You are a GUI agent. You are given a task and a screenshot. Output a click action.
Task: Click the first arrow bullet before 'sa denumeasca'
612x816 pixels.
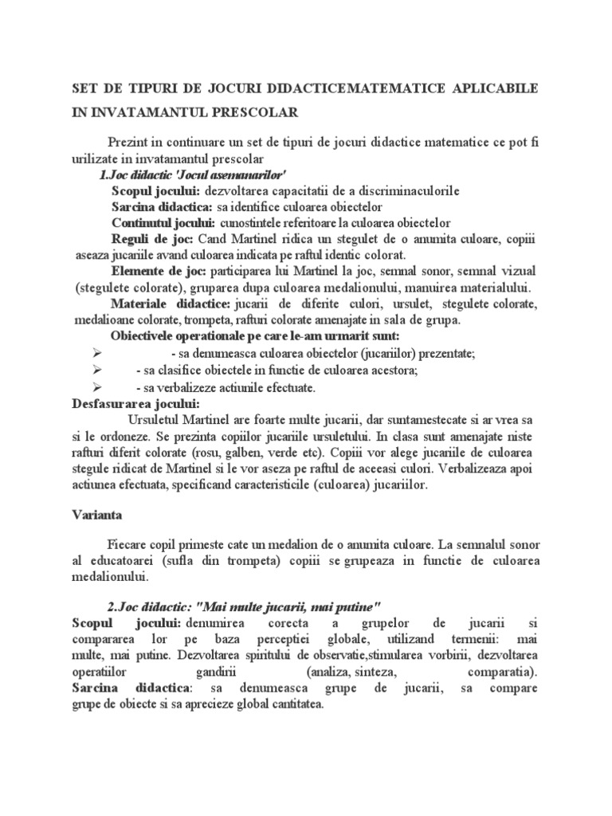[98, 353]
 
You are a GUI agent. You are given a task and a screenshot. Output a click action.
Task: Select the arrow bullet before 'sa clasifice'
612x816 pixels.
[98, 371]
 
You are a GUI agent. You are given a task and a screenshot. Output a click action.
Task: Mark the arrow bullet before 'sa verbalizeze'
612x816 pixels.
[98, 387]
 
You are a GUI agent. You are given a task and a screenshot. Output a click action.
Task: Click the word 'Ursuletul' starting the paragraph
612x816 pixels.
[155, 420]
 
